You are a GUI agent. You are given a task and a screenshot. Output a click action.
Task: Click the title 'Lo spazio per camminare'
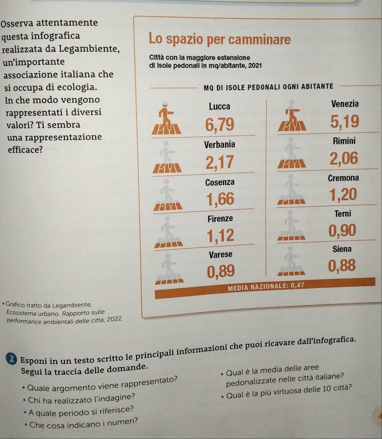click(x=219, y=40)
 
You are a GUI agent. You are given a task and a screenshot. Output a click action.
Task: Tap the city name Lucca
click(x=219, y=107)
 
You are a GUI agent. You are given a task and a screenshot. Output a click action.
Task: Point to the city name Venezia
click(x=345, y=104)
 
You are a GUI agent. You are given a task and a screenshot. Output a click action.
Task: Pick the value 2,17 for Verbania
click(x=220, y=162)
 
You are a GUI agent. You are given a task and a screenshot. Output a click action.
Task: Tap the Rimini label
click(x=344, y=141)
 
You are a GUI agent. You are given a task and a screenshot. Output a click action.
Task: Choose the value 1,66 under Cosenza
click(x=220, y=199)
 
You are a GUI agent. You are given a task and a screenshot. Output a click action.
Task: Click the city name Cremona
click(x=343, y=178)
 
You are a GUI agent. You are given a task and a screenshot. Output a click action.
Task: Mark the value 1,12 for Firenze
click(x=221, y=235)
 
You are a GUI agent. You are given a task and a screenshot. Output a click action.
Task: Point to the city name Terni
click(x=342, y=214)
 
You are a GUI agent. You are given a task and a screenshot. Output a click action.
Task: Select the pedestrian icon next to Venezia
click(x=293, y=115)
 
